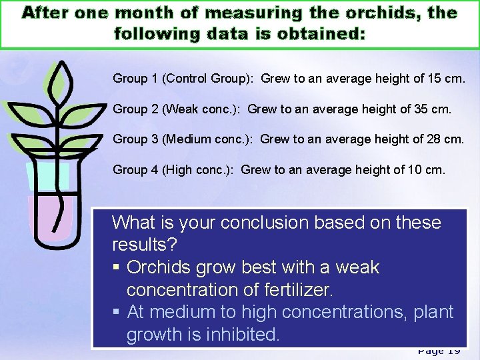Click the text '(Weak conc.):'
point(203,109)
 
